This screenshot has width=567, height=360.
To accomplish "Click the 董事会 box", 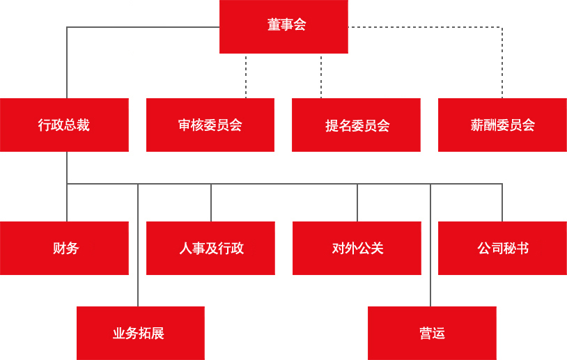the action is pyautogui.click(x=284, y=26).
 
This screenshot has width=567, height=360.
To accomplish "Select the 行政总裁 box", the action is pyautogui.click(x=64, y=125).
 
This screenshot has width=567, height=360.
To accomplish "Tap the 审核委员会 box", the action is pyautogui.click(x=210, y=125).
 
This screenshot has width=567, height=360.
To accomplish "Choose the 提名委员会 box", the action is pyautogui.click(x=356, y=125).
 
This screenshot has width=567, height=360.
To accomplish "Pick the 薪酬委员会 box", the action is pyautogui.click(x=502, y=125).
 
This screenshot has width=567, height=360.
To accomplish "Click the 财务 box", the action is pyautogui.click(x=64, y=249).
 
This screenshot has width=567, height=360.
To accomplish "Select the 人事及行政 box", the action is pyautogui.click(x=210, y=249).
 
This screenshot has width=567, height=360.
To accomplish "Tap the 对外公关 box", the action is pyautogui.click(x=357, y=249).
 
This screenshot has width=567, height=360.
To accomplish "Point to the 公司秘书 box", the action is pyautogui.click(x=502, y=249).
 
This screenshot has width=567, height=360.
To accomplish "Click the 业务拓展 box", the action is pyautogui.click(x=141, y=334).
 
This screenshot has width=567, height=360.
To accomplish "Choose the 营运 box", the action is pyautogui.click(x=432, y=334).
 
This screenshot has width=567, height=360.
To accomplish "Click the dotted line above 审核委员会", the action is pyautogui.click(x=246, y=76).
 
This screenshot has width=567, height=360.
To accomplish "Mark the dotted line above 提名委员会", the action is pyautogui.click(x=321, y=76).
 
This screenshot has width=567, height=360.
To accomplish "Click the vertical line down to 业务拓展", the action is pyautogui.click(x=138, y=245).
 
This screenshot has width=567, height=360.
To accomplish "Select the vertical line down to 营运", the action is pyautogui.click(x=430, y=245).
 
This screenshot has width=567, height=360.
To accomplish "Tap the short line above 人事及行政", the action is pyautogui.click(x=211, y=203).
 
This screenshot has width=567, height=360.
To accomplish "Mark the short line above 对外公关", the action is pyautogui.click(x=357, y=203).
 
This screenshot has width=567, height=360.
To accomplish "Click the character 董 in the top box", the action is pyautogui.click(x=274, y=24).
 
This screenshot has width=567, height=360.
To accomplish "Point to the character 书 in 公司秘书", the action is pyautogui.click(x=522, y=249).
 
